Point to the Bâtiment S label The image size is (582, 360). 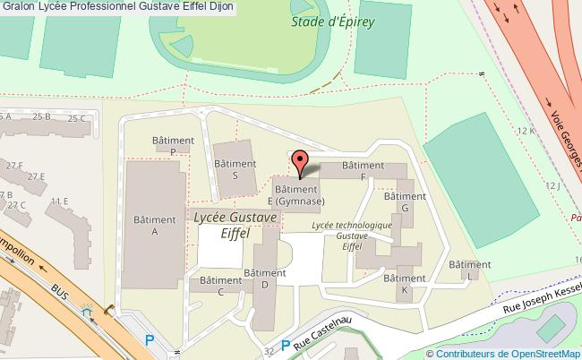(x=235, y=169)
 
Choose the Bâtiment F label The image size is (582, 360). (x=363, y=171)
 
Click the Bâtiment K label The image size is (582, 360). (x=405, y=285)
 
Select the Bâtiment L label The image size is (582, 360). (x=469, y=270)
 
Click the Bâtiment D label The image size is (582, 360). (x=264, y=279)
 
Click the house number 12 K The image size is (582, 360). (x=526, y=131)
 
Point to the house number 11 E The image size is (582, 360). (x=60, y=201)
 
